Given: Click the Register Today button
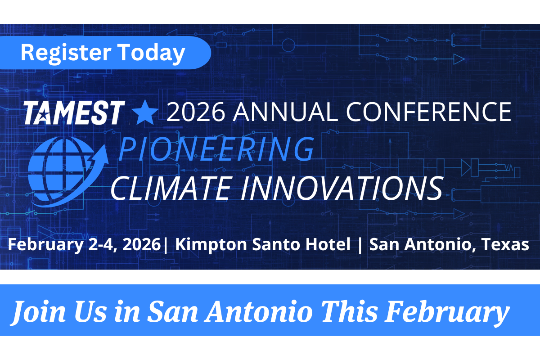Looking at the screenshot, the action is click(105, 53).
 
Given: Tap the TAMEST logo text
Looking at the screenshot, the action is click(74, 112).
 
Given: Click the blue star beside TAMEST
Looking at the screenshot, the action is click(145, 112).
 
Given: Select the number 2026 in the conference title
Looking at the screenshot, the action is click(196, 112).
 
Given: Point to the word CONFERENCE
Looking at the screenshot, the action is click(428, 112).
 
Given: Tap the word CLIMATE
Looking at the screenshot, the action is click(170, 188).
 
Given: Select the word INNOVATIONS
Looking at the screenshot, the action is click(342, 188).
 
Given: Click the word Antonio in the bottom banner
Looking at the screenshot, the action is click(258, 311).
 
